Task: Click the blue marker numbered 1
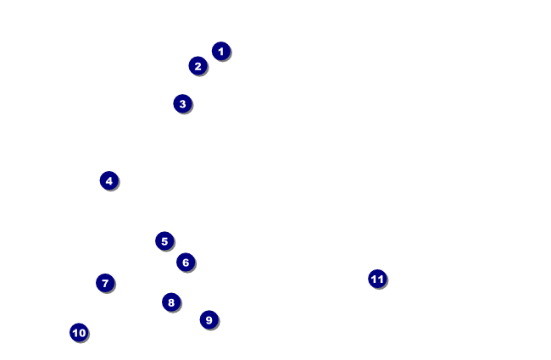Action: pos(220,51)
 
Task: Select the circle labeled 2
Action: pos(198,65)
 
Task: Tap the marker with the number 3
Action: pos(182,103)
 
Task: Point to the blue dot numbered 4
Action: pos(109,180)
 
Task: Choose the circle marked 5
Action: pos(164,241)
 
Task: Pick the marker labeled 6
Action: pos(186,262)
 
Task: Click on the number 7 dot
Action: pos(105,283)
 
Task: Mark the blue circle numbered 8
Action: pos(171,302)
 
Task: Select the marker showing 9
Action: pos(209,319)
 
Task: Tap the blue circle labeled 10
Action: pos(79,332)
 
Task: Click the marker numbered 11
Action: pos(377,279)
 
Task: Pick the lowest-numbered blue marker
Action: pos(220,51)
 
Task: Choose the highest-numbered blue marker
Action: pos(377,279)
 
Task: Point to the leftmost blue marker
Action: pos(79,332)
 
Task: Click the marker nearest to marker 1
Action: pos(198,65)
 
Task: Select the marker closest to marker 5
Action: pos(186,262)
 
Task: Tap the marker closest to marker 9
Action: pos(171,302)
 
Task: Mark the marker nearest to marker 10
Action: pos(105,283)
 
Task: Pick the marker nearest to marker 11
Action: pos(209,319)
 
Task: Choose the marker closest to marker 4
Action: pos(164,241)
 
